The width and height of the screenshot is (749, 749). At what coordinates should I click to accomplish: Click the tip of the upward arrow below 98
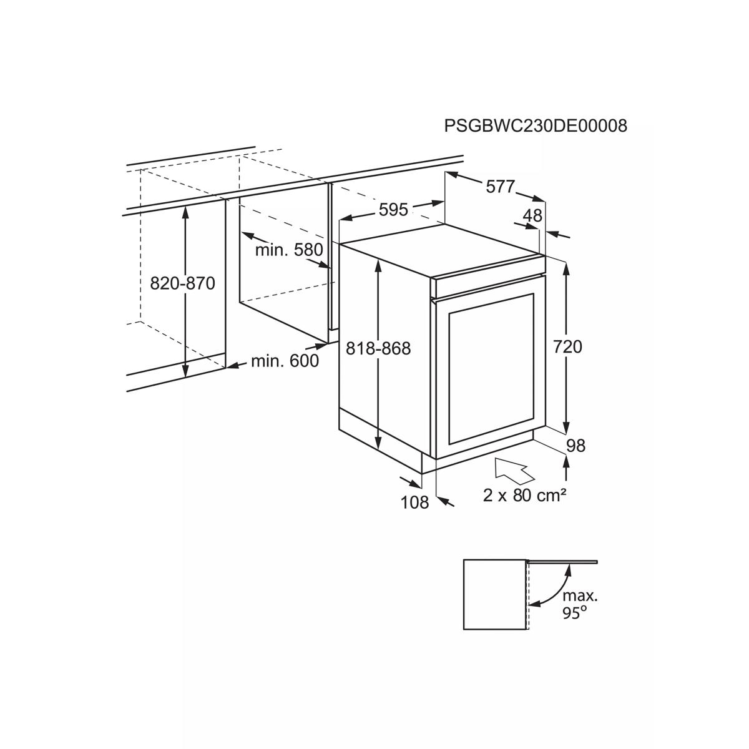coord(566,456)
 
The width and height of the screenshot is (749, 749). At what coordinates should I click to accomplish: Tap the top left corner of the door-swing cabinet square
coord(464,560)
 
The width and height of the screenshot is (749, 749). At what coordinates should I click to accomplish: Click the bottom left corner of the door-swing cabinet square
coord(464,640)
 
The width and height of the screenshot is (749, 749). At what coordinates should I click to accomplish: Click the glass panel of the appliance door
coord(491,368)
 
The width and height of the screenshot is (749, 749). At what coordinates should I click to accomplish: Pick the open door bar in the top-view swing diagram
coord(562,561)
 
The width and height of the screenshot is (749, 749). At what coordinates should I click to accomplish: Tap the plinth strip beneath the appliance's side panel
coord(380,440)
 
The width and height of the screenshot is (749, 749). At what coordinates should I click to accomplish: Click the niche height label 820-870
coord(183,283)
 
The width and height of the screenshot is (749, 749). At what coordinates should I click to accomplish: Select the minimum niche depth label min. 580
coord(289,250)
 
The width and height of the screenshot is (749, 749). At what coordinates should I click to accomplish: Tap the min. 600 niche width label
coord(285,361)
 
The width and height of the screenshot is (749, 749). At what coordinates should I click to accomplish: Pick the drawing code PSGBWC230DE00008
coord(536,126)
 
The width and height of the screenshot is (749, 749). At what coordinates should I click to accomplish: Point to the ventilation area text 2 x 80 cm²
coord(524,496)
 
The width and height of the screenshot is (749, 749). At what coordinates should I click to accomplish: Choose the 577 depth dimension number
coord(501,187)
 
